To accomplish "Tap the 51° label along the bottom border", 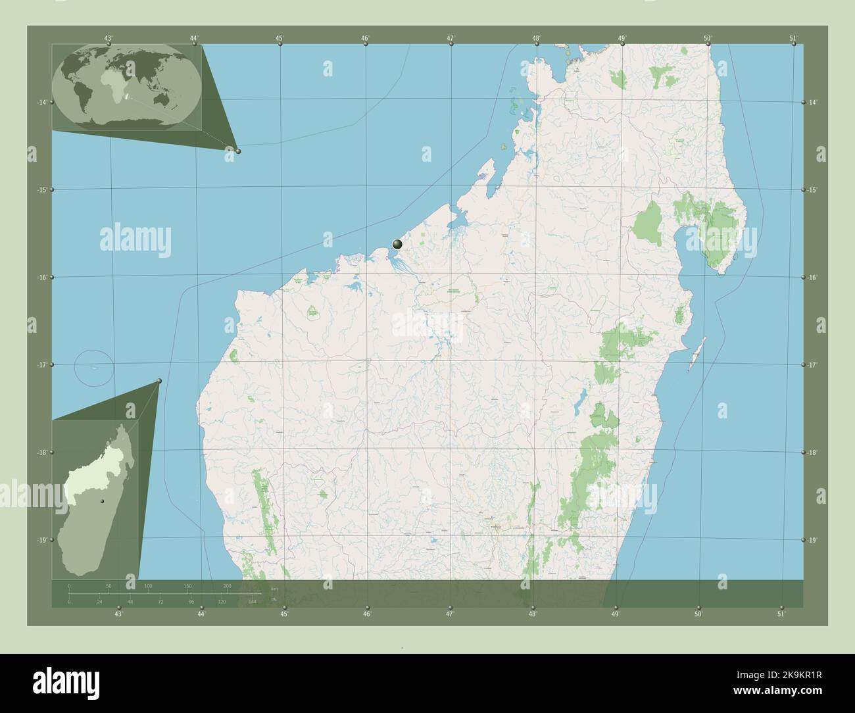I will click(x=781, y=614).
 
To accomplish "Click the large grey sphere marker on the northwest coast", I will click(x=397, y=244).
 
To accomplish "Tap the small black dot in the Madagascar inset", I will click(x=102, y=502).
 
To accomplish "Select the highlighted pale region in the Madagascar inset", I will click(x=82, y=483).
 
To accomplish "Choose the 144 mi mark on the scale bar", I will click(x=252, y=601).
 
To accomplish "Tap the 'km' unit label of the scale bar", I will click(x=274, y=588).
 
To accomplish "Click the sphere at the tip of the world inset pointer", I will click(x=238, y=151).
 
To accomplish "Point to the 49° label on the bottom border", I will click(x=616, y=614).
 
